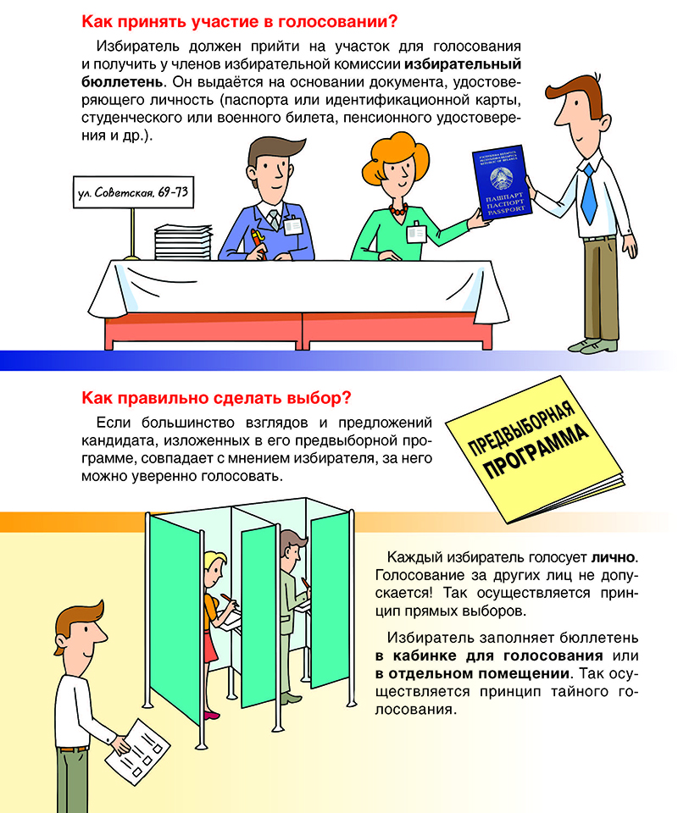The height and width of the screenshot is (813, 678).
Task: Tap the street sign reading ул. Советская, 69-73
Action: (133, 193)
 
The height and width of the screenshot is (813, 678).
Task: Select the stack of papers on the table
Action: (183, 242)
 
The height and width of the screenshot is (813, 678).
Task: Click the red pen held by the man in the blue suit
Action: (258, 243)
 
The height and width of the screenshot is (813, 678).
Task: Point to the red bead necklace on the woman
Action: (397, 209)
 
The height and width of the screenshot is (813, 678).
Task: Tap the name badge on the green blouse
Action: (416, 232)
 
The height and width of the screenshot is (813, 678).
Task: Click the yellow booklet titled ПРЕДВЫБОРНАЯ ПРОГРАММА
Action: (534, 449)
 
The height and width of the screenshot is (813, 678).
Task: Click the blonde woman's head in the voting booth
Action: (215, 567)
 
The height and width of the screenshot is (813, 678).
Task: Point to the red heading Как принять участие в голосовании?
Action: (240, 22)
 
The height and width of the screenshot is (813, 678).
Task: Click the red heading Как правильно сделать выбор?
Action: (216, 398)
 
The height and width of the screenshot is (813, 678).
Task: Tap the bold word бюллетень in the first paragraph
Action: (122, 82)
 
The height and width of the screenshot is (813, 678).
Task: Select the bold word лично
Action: (614, 557)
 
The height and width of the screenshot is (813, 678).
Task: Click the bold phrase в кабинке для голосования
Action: (489, 655)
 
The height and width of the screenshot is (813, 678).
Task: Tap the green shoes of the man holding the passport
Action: (593, 345)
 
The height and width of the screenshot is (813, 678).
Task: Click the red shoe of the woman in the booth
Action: (211, 716)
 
